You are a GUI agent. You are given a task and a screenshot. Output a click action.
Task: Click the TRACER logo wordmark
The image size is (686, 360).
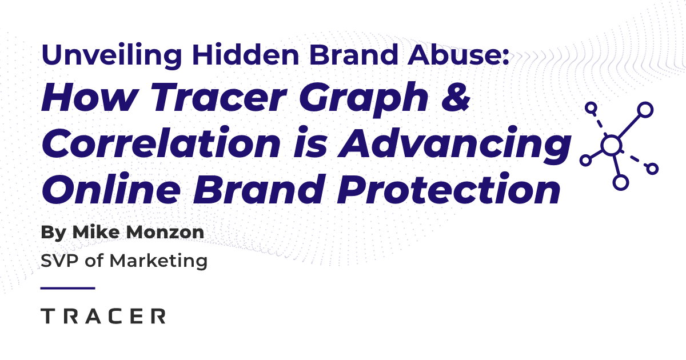103,316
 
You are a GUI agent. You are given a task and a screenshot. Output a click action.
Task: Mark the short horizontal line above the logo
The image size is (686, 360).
68,288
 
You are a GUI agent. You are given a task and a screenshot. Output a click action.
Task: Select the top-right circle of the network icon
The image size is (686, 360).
645,109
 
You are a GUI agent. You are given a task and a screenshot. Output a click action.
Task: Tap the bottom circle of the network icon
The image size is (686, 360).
620,182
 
